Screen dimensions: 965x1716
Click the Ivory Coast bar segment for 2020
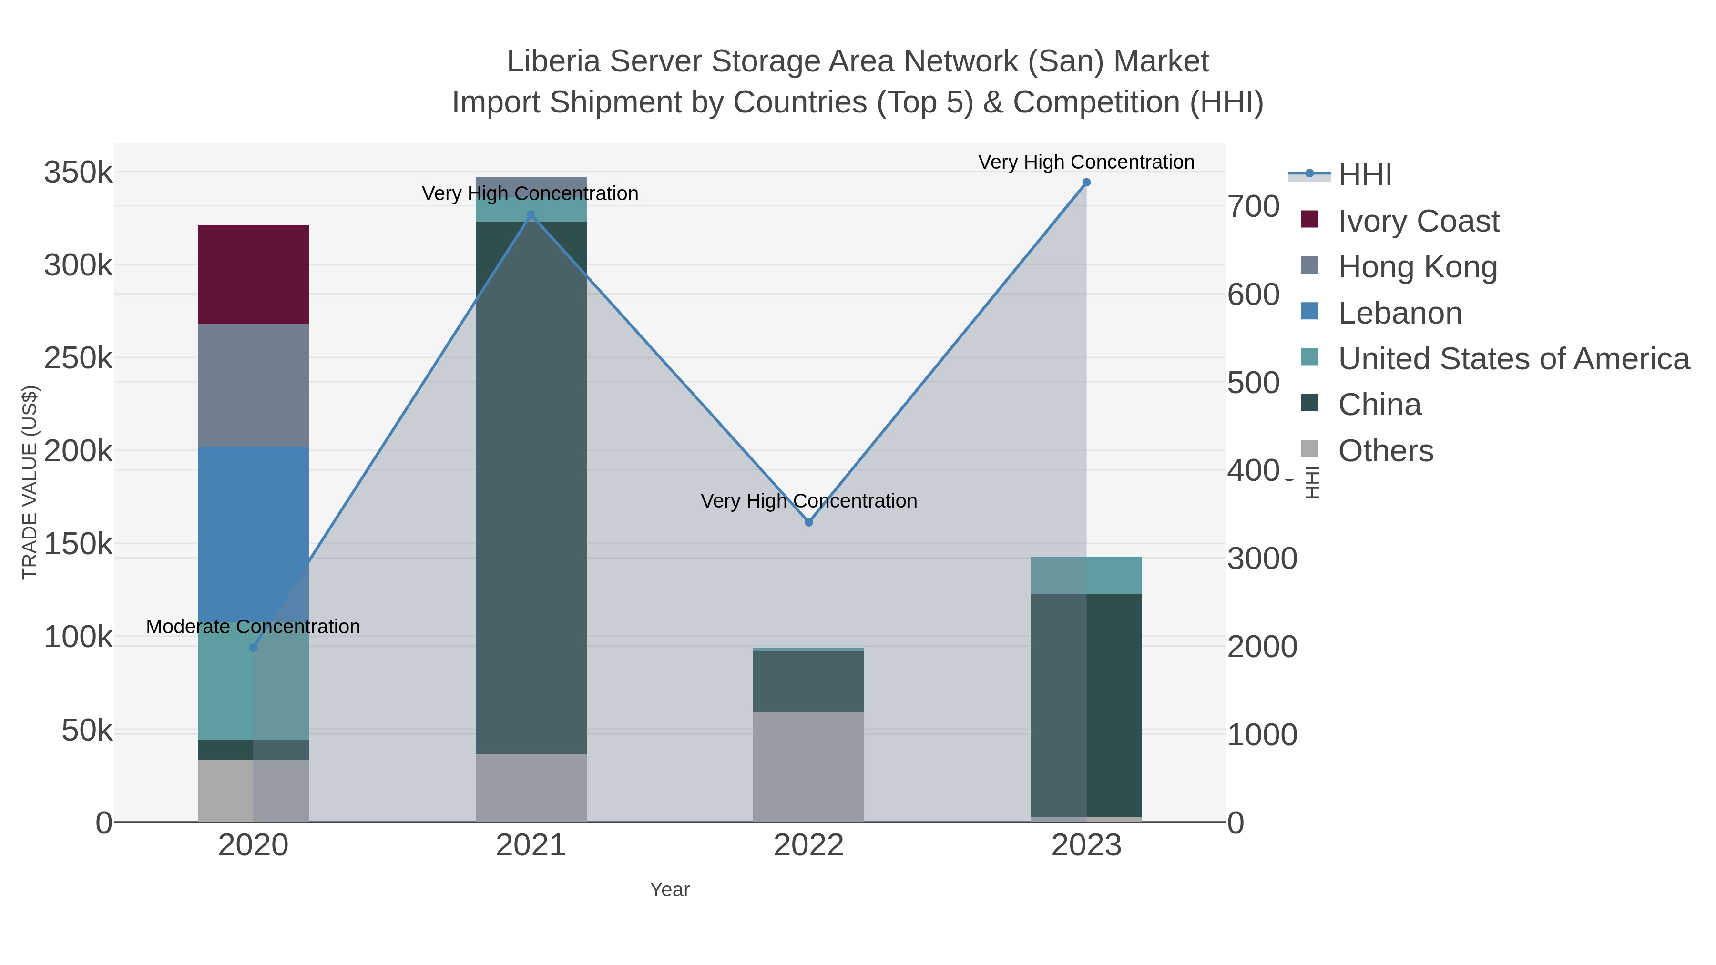[x=253, y=274]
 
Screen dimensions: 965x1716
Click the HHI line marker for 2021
[x=531, y=215]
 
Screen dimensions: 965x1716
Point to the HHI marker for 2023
[x=1086, y=183]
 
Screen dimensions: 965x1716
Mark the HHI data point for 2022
[x=809, y=522]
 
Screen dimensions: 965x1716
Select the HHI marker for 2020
[x=253, y=647]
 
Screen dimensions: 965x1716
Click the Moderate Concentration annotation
[x=253, y=627]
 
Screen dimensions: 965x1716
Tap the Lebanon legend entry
[x=1399, y=313]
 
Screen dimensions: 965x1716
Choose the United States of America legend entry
[x=1513, y=359]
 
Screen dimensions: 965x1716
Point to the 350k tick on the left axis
[x=78, y=173]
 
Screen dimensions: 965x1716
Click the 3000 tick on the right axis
[x=1262, y=559]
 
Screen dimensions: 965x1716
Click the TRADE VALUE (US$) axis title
[x=30, y=482]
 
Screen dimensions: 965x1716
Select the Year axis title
[x=670, y=890]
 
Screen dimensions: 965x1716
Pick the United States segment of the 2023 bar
[x=1086, y=575]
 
